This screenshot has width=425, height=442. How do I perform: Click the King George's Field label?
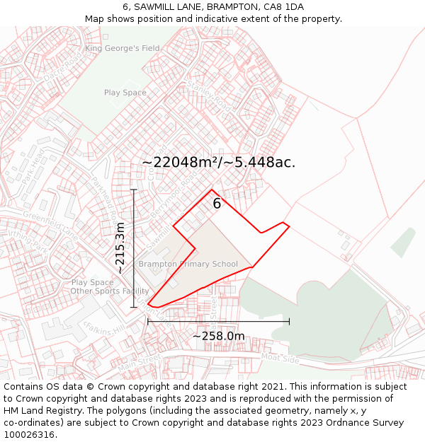click(123, 48)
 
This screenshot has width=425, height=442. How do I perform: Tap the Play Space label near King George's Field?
click(125, 93)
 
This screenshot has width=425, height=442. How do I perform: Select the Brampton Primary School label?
click(188, 264)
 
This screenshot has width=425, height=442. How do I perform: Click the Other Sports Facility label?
click(110, 291)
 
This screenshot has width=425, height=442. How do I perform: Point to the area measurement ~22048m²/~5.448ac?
click(219, 162)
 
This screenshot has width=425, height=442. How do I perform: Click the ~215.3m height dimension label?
click(120, 248)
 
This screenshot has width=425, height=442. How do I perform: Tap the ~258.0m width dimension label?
click(219, 336)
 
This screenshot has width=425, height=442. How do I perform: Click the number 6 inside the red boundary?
click(217, 204)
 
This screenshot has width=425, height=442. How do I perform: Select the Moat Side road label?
click(280, 359)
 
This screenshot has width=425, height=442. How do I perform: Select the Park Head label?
click(33, 167)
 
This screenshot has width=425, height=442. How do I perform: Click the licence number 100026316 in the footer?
click(30, 435)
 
